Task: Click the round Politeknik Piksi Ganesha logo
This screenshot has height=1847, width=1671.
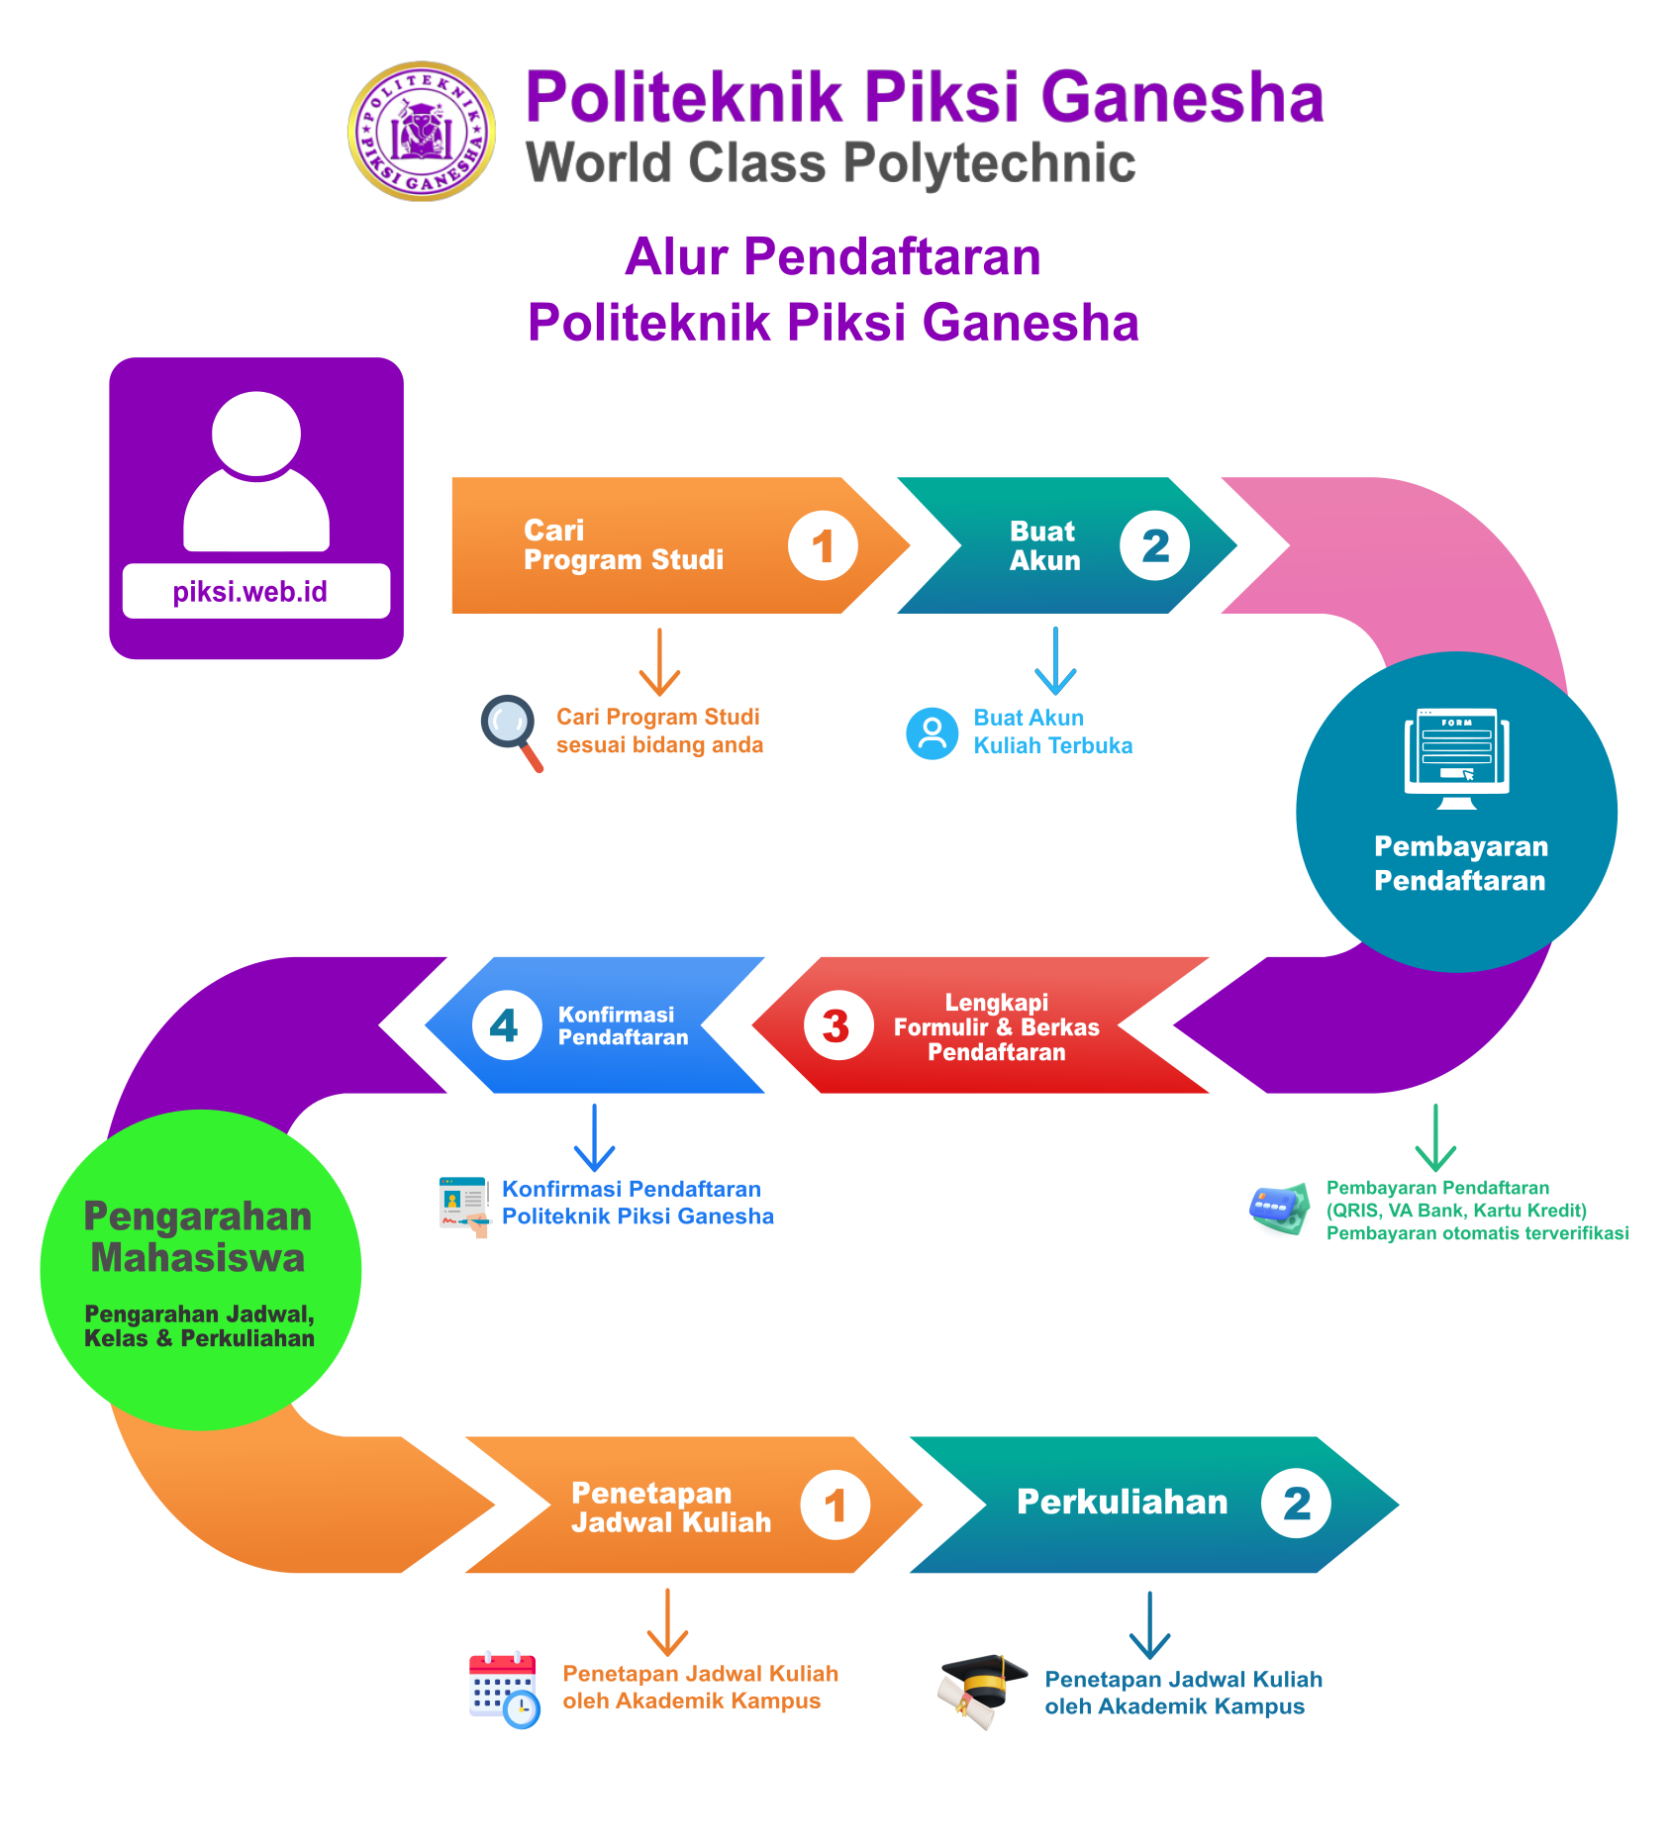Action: click(422, 132)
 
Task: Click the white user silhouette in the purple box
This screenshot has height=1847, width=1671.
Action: click(256, 471)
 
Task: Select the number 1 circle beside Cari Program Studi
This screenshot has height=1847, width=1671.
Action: click(823, 545)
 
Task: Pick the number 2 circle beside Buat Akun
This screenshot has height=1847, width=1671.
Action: click(1154, 545)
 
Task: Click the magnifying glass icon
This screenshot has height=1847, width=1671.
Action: click(511, 730)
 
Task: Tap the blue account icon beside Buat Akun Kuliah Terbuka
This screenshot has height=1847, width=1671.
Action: click(932, 733)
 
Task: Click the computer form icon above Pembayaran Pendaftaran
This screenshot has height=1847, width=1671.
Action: click(1456, 757)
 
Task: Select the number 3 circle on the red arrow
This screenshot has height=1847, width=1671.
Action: click(837, 1025)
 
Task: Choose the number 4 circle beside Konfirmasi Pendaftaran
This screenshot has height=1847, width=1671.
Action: click(506, 1025)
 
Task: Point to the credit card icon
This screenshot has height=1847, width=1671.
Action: click(1278, 1209)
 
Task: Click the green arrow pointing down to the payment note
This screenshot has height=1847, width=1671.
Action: click(1434, 1138)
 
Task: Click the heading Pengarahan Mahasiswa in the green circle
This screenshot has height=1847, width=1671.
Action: click(198, 1237)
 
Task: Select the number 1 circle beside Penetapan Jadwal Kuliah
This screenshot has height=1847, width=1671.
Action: click(835, 1506)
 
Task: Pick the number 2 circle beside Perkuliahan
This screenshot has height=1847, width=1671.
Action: click(1296, 1504)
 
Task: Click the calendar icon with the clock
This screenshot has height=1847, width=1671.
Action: click(504, 1690)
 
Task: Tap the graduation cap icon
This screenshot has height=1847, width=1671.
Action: click(981, 1690)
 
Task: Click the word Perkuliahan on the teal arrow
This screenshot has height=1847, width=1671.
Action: click(1122, 1503)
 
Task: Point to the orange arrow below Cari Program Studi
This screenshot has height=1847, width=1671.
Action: click(659, 662)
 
